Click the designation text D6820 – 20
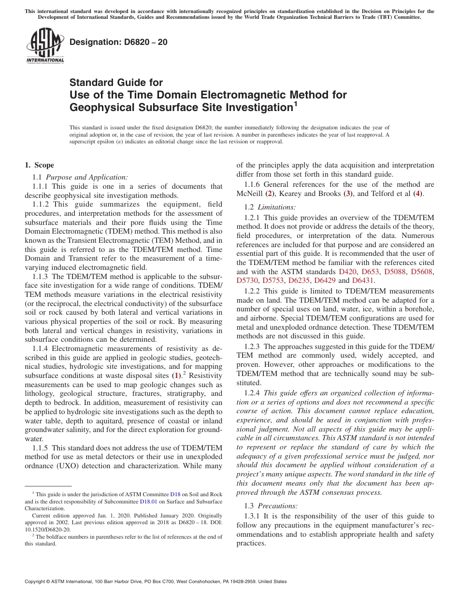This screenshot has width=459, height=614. coord(118,42)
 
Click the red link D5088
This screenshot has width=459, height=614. coord(395,272)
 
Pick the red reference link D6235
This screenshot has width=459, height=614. coord(299,280)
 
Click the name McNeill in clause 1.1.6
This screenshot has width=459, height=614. coord(250,194)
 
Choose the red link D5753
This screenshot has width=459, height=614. coord(273,280)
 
